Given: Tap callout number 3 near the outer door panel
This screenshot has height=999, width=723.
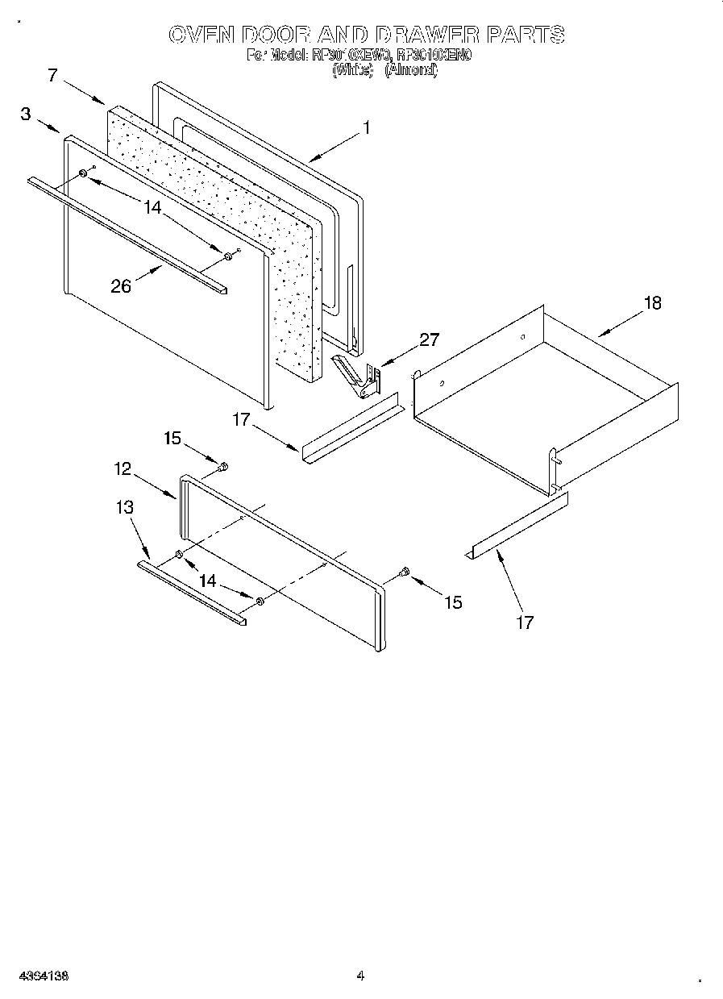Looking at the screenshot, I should (x=26, y=114).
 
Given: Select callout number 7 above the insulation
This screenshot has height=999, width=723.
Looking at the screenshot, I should (x=52, y=77).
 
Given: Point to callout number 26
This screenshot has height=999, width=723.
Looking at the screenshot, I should (x=121, y=286).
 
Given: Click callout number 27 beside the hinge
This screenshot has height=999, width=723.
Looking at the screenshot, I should (x=430, y=339).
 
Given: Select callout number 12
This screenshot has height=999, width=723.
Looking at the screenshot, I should (x=122, y=468).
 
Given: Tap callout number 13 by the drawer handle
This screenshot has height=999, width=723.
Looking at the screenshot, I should (x=124, y=507).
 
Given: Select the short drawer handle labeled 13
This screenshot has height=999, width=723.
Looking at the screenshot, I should (x=191, y=593).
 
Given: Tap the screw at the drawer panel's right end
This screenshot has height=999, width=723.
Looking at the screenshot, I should (x=405, y=572).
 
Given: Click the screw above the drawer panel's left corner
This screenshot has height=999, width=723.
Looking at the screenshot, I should (x=223, y=466).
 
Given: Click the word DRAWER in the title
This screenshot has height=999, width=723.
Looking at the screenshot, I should (x=424, y=35).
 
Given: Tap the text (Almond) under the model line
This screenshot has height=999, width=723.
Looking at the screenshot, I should (x=410, y=71).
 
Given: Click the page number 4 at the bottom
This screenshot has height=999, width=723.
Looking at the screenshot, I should (x=360, y=976).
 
